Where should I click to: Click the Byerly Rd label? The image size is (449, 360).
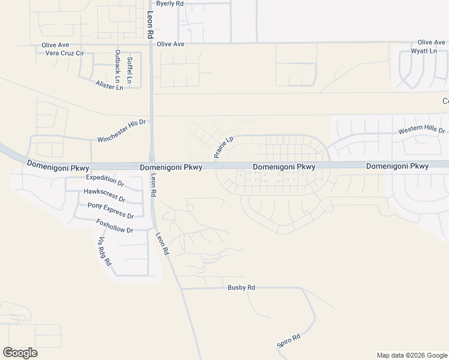[x=169, y=4]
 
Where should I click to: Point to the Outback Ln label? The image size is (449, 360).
[x=118, y=67]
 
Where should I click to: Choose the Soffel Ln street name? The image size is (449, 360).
[x=130, y=70]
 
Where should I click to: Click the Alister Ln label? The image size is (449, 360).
[x=109, y=85]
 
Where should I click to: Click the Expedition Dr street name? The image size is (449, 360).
[x=105, y=180]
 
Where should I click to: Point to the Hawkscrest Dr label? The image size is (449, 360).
[x=104, y=194]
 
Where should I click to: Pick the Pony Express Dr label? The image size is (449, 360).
[x=110, y=210]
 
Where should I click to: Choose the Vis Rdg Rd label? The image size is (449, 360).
[x=104, y=251]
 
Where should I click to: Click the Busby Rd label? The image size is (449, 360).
[x=241, y=288]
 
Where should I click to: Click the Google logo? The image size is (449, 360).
[x=20, y=353]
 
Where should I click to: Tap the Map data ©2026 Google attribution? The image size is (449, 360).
[x=411, y=355]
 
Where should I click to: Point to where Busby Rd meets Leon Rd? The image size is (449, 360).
[x=181, y=289]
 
